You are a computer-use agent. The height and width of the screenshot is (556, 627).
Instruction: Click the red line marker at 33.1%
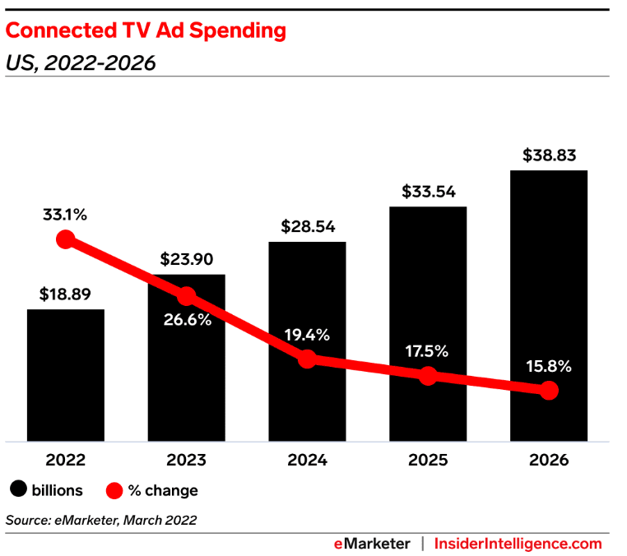point(66,239)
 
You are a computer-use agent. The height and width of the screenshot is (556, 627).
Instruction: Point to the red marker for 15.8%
point(549,391)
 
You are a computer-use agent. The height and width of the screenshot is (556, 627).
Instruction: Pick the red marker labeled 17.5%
point(428,376)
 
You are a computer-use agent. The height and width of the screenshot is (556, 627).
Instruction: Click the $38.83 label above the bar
point(549,154)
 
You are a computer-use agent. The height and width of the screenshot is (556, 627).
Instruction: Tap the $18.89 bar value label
point(66,294)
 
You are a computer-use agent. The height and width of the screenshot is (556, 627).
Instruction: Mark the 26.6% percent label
point(186,320)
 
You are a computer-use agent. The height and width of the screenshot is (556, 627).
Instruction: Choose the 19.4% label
point(307,335)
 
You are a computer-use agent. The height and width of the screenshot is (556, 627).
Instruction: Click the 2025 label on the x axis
point(428,461)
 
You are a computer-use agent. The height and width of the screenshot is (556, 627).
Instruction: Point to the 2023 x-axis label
point(186,461)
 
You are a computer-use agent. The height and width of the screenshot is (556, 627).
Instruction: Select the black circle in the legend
point(18,490)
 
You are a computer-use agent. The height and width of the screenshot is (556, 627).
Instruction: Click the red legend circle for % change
point(115,490)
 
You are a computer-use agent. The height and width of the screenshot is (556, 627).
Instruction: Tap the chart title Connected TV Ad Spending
point(146,30)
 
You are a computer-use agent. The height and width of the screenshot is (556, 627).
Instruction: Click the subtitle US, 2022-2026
point(81,63)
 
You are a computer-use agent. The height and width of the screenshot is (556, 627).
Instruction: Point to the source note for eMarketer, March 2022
point(101,520)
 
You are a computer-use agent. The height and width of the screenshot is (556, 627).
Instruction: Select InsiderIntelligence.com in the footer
point(518,544)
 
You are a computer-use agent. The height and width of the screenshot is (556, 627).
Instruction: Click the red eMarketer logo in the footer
point(372,544)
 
